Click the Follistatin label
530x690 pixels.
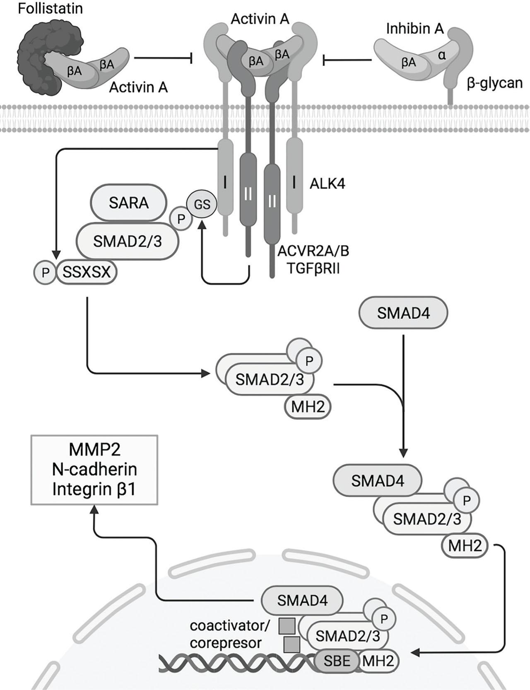pyautogui.click(x=50, y=8)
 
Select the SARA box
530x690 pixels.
pyautogui.click(x=129, y=203)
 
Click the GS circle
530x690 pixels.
pyautogui.click(x=202, y=204)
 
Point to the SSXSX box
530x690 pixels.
pyautogui.click(x=87, y=272)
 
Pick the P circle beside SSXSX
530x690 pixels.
pyautogui.click(x=45, y=272)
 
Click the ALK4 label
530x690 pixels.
pyautogui.click(x=328, y=183)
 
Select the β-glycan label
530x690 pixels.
pyautogui.click(x=494, y=83)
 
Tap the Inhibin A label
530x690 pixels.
pyautogui.click(x=415, y=29)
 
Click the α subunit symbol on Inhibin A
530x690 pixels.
pyautogui.click(x=442, y=55)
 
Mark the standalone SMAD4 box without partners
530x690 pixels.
pyautogui.click(x=403, y=313)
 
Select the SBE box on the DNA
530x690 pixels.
pyautogui.click(x=337, y=661)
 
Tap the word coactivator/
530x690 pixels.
pyautogui.click(x=229, y=625)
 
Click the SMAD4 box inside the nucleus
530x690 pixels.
pyautogui.click(x=302, y=600)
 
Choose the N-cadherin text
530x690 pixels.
pyautogui.click(x=94, y=470)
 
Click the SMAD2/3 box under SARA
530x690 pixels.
pyautogui.click(x=128, y=241)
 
